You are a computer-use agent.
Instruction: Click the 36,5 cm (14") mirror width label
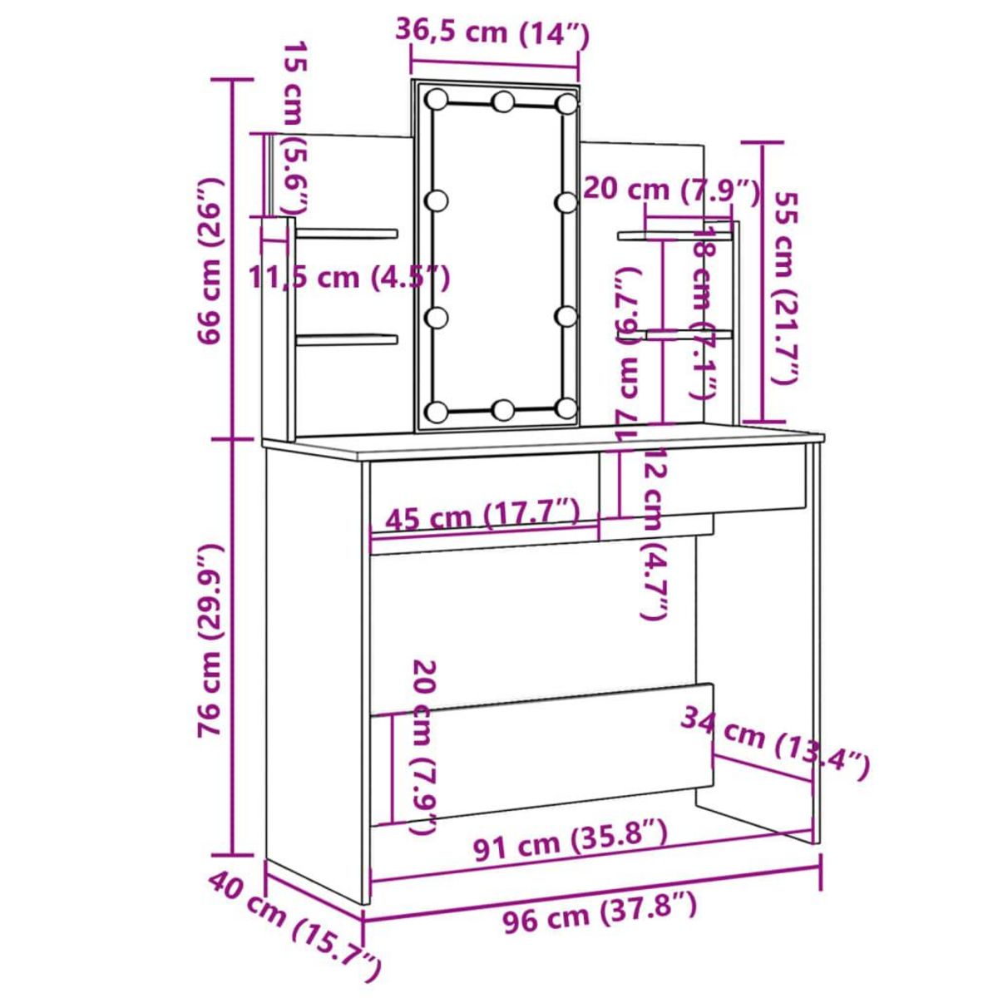click(492, 32)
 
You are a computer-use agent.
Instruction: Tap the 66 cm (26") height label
click(209, 259)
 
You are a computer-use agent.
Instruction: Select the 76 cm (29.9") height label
click(209, 640)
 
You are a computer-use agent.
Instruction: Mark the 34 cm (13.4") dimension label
click(775, 742)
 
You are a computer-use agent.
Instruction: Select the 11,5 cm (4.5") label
click(349, 276)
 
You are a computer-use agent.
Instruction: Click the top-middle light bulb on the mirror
click(503, 102)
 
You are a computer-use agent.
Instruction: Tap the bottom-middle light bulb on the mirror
click(503, 409)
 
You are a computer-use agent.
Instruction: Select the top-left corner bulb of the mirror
click(435, 99)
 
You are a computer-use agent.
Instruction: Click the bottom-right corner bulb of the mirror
click(567, 408)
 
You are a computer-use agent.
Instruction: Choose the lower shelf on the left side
click(347, 338)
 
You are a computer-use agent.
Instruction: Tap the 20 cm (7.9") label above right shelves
click(670, 190)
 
